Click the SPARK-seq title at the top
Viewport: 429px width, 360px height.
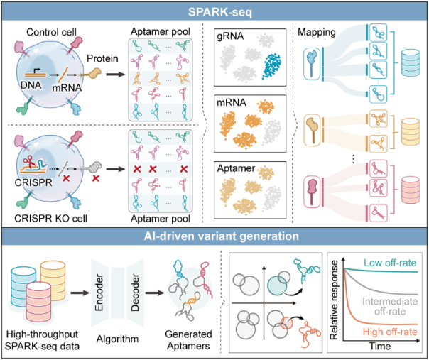(214, 12)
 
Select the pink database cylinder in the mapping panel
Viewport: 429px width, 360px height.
(410, 192)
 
